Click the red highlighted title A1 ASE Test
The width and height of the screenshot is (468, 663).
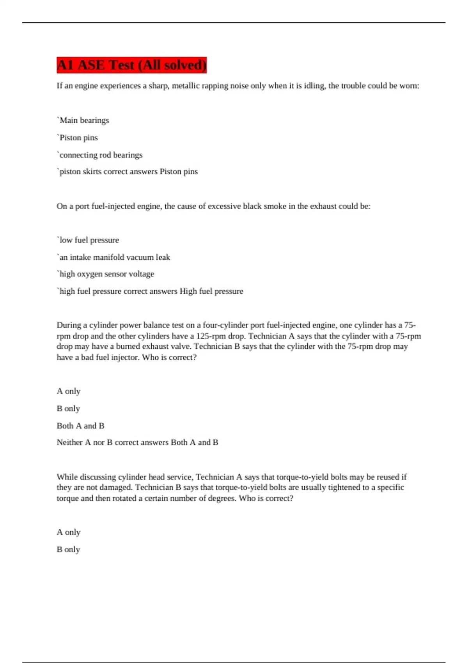pyautogui.click(x=131, y=65)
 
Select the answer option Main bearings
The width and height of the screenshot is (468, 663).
pyautogui.click(x=83, y=121)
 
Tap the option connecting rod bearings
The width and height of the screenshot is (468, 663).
pyautogui.click(x=100, y=155)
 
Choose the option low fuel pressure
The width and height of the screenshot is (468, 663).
pyautogui.click(x=88, y=240)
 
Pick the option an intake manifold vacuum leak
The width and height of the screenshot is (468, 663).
pyautogui.click(x=113, y=257)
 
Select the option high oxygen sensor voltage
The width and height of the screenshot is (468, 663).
pyautogui.click(x=106, y=274)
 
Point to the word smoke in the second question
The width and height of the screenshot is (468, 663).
pyautogui.click(x=275, y=206)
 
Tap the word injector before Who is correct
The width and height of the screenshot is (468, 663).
pyautogui.click(x=126, y=357)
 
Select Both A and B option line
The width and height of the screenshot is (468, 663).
pyautogui.click(x=80, y=426)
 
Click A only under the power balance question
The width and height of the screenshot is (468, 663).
pyautogui.click(x=68, y=391)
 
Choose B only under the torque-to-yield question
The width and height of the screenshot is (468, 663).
pyautogui.click(x=68, y=550)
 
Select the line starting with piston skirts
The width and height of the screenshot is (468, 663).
pyautogui.click(x=127, y=172)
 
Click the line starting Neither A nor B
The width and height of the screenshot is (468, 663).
pyautogui.click(x=137, y=443)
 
